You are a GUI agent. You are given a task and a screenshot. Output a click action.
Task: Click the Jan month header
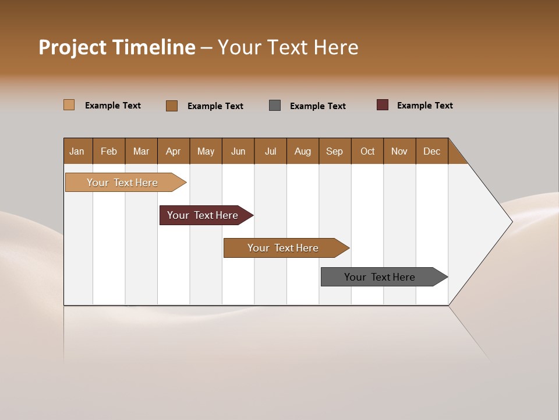coord(77,151)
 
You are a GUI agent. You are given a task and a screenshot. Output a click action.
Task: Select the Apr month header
coord(174,151)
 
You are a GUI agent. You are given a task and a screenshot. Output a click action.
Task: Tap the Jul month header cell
coord(270,151)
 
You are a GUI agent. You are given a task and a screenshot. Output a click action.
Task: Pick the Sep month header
coord(334,151)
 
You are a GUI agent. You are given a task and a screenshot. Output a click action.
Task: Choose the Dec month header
coord(431,151)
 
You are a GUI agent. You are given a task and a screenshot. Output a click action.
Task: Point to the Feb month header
coord(109,151)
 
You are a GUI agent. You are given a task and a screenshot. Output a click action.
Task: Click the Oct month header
coord(367,151)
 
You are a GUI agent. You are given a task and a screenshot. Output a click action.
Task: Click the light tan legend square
coord(69,105)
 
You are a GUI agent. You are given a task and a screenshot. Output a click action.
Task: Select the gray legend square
coord(275,106)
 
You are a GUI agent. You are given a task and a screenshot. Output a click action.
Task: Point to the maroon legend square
coord(383,105)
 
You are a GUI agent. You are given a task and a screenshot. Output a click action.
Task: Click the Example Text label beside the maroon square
coord(424,106)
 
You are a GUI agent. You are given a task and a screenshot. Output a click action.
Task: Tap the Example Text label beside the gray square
coord(317,106)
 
